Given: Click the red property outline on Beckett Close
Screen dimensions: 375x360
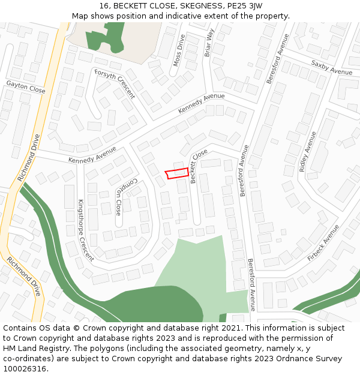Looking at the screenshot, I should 176,173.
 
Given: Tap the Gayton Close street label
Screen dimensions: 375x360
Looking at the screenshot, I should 26,87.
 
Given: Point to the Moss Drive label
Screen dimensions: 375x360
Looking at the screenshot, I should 179,50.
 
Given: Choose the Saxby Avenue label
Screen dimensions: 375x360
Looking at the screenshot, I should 332,68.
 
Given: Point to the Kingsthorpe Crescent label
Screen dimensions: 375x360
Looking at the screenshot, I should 85,230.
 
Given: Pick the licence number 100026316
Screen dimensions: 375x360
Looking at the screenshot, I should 25,369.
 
